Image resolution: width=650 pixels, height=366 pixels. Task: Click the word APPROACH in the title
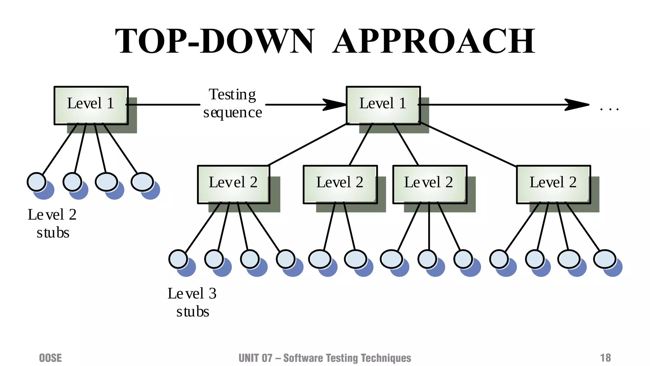[434, 41]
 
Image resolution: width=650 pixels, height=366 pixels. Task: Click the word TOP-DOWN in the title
[215, 41]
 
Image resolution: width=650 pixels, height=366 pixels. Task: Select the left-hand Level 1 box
[91, 105]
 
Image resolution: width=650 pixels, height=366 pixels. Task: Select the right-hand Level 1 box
[383, 105]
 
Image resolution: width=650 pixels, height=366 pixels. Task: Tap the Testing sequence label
[233, 104]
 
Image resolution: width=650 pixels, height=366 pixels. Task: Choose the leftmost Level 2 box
[233, 184]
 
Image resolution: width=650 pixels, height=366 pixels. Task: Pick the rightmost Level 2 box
[553, 184]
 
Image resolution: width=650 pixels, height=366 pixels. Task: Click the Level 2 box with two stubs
[340, 184]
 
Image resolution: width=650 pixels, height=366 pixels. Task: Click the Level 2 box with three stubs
[429, 184]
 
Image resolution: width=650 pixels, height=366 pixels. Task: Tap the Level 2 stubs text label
[52, 223]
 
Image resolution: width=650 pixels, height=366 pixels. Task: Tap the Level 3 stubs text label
[192, 302]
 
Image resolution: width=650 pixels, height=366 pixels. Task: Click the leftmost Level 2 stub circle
[36, 182]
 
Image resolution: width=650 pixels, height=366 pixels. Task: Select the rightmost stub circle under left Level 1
[143, 182]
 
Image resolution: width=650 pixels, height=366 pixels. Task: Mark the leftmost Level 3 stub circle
[178, 259]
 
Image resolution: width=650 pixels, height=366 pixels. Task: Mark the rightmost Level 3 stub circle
[605, 259]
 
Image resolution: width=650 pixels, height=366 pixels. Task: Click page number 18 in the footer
[605, 358]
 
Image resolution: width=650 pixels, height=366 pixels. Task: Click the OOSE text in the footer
[50, 358]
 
